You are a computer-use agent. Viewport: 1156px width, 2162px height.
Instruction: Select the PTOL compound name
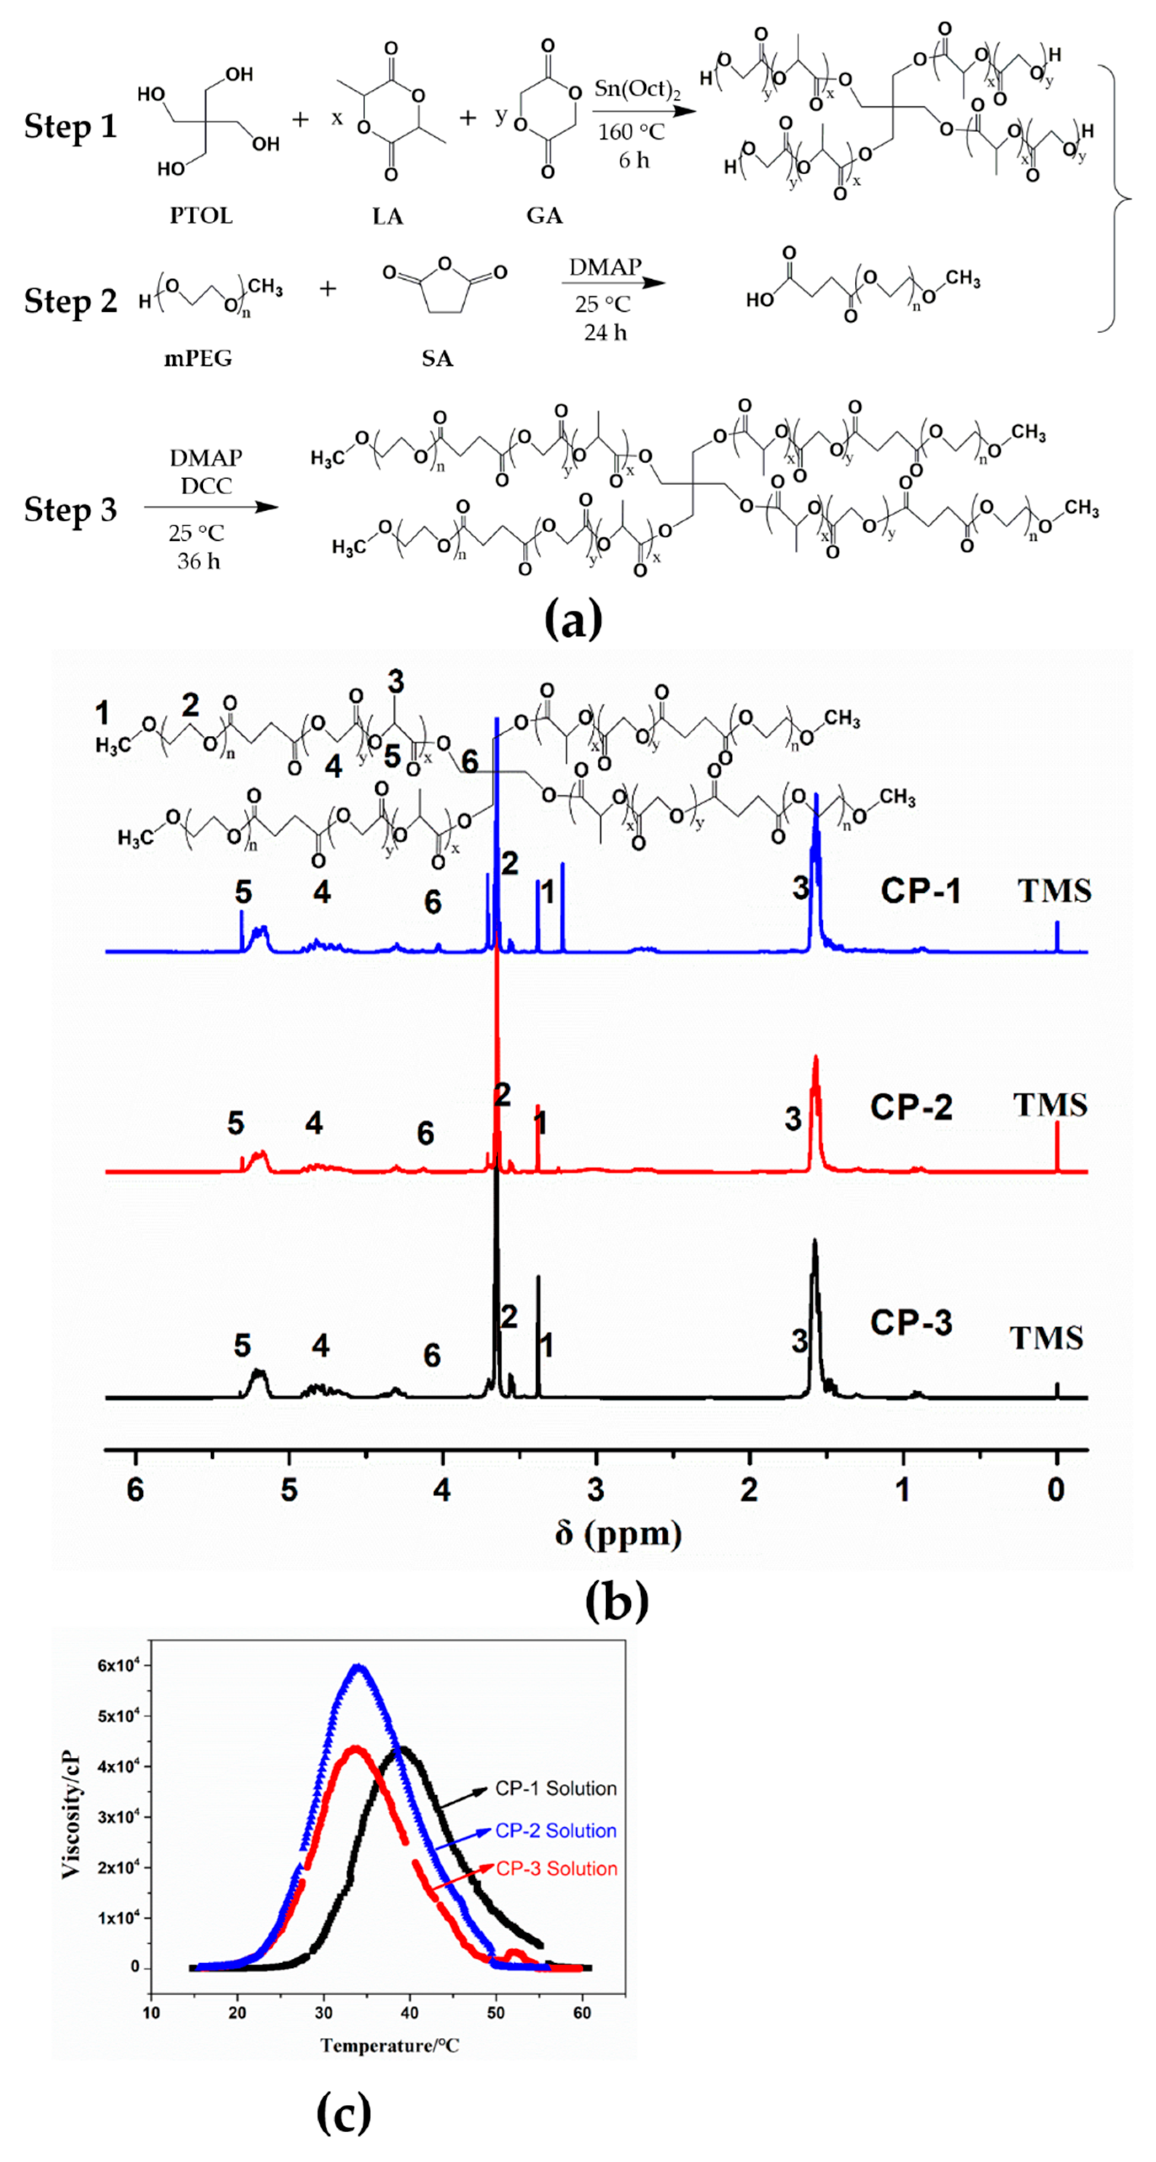point(201,216)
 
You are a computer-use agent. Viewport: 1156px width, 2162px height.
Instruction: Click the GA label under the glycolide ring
point(544,216)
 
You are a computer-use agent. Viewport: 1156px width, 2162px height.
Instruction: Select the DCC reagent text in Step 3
point(206,486)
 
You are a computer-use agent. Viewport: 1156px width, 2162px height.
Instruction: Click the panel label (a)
point(573,621)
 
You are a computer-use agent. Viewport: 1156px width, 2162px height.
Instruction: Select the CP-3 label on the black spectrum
point(911,1323)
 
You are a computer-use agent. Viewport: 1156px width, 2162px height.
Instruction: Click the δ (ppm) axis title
point(618,1534)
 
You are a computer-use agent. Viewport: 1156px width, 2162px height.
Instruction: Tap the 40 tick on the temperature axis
point(409,2013)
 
